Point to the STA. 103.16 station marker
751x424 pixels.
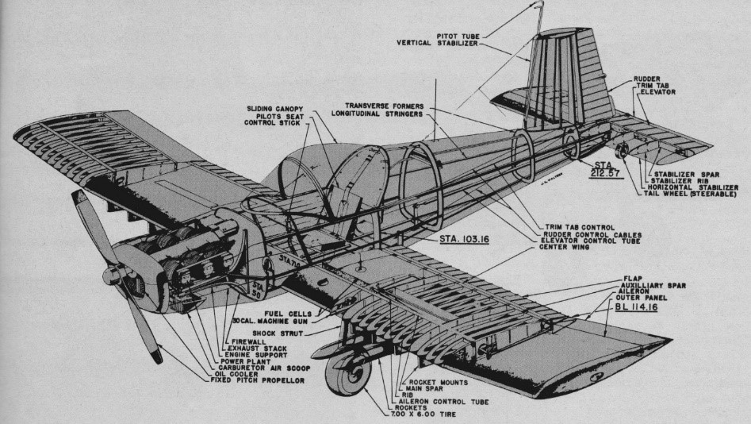[466, 237]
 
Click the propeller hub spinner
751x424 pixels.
[112, 275]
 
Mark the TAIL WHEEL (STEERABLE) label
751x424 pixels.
[689, 195]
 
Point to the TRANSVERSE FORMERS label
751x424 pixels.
[385, 105]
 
